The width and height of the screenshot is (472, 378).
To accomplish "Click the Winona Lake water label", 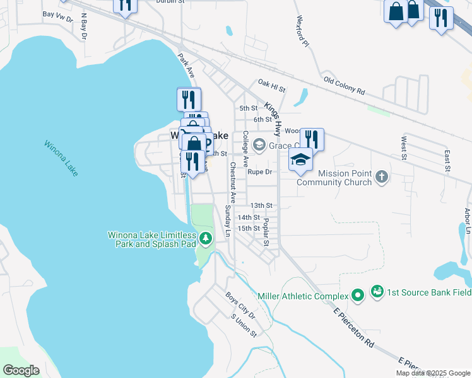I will pyautogui.click(x=61, y=158).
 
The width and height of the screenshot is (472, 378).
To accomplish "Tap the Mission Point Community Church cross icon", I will pyautogui.click(x=381, y=177).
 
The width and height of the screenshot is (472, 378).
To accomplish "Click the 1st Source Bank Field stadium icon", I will pyautogui.click(x=377, y=291).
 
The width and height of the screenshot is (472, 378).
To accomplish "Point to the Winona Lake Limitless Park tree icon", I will pyautogui.click(x=206, y=239).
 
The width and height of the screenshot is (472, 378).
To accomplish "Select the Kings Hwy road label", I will pyautogui.click(x=272, y=118).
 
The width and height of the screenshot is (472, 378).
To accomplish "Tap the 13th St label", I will pyautogui.click(x=261, y=205).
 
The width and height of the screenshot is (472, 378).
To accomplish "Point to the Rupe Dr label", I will pyautogui.click(x=259, y=171).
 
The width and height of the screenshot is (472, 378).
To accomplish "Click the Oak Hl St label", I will pyautogui.click(x=271, y=82).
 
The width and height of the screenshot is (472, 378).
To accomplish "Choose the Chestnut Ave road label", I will pyautogui.click(x=232, y=183).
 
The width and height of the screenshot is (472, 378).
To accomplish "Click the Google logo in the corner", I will pyautogui.click(x=21, y=370).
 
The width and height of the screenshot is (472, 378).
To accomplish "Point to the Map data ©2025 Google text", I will pyautogui.click(x=432, y=373).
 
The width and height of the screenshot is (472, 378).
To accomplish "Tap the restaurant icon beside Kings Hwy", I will pyautogui.click(x=312, y=139).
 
